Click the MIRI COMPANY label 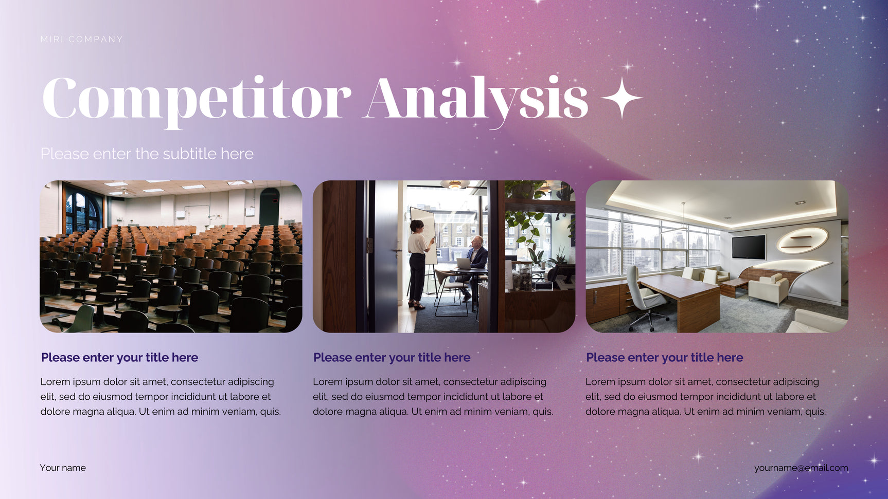[82, 39]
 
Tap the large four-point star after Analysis [621, 98]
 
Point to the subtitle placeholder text [147, 154]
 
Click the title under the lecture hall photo [119, 358]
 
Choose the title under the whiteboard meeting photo [392, 358]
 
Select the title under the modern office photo [665, 358]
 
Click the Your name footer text [63, 468]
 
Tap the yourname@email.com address [801, 468]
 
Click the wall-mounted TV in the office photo [749, 247]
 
